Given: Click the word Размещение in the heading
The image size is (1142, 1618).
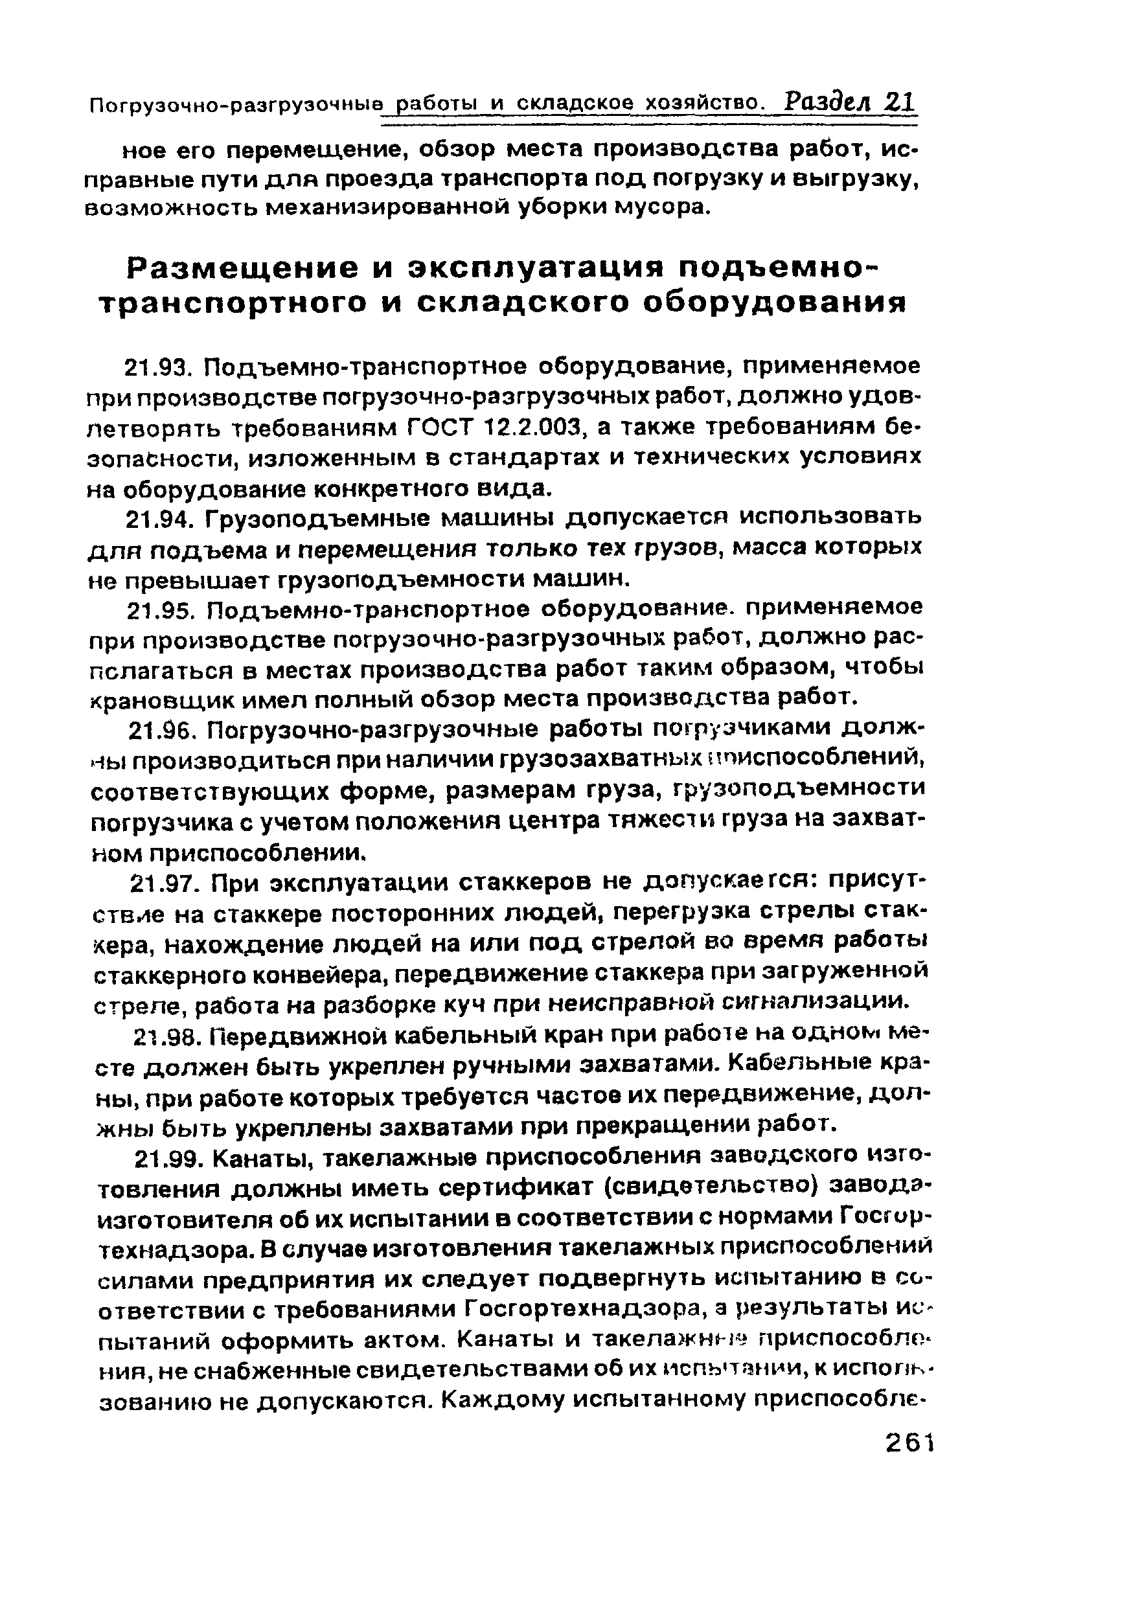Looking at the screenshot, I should tap(242, 269).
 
